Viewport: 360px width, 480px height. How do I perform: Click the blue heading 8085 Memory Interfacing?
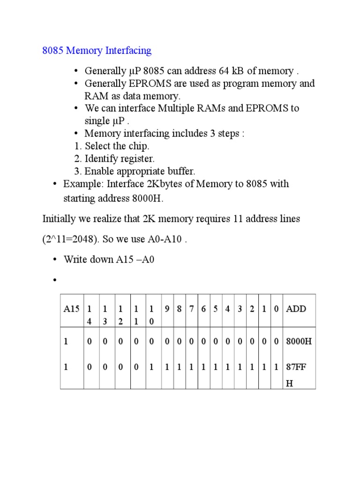(97, 50)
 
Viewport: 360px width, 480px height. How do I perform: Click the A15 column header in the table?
(72, 309)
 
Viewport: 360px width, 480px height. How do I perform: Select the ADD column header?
(296, 309)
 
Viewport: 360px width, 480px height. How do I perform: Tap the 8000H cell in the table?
(299, 342)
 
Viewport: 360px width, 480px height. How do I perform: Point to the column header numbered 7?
(192, 309)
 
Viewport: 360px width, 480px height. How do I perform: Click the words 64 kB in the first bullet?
(231, 71)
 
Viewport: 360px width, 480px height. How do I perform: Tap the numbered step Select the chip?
(117, 146)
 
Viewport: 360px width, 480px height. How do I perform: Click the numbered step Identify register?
(120, 158)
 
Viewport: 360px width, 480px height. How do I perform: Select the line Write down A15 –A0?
(109, 260)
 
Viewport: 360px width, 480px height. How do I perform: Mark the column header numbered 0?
(277, 309)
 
